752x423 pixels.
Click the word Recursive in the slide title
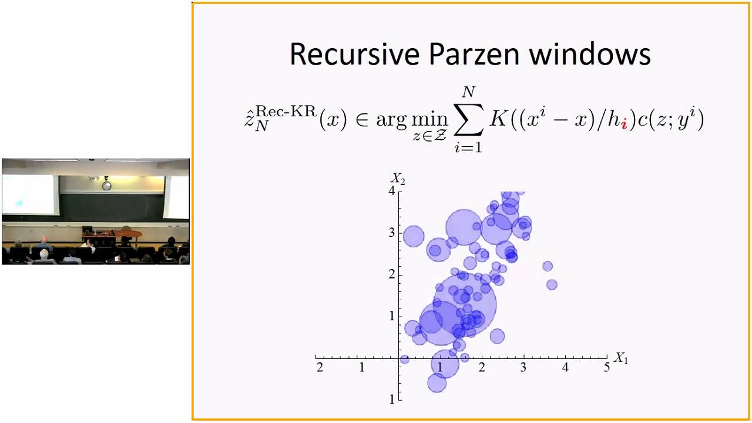point(355,54)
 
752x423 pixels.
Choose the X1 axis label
point(620,358)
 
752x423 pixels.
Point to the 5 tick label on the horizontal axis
point(607,368)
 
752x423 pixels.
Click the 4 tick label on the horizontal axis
point(565,368)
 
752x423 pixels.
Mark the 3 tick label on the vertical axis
point(391,232)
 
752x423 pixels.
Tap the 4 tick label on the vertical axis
point(391,190)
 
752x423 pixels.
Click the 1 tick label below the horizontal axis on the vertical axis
point(391,399)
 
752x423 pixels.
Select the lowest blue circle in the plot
point(437,383)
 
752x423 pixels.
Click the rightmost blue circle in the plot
point(552,285)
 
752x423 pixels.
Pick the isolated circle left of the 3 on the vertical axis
point(414,236)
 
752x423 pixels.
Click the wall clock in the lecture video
point(106,186)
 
